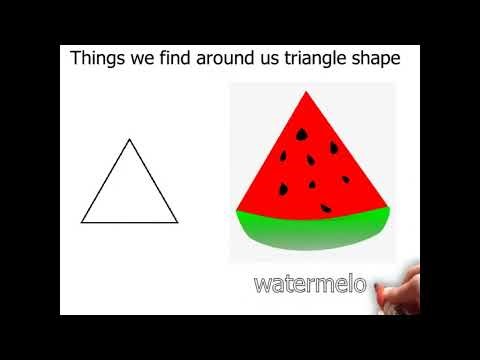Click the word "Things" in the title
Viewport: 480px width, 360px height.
[x=97, y=58]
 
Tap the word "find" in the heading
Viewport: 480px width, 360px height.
[x=180, y=58]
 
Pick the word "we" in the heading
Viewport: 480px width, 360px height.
[x=142, y=58]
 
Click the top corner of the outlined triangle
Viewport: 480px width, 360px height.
[x=129, y=140]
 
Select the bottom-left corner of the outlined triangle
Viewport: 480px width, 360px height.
[x=82, y=222]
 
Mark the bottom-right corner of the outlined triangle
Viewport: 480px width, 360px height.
[x=177, y=222]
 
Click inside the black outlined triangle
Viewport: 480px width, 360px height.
[x=129, y=195]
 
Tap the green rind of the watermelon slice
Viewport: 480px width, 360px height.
[x=310, y=230]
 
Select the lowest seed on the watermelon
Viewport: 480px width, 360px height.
[x=326, y=207]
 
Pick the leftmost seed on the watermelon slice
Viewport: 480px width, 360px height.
[x=281, y=188]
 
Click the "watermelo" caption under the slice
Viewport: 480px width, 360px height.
[x=310, y=283]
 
